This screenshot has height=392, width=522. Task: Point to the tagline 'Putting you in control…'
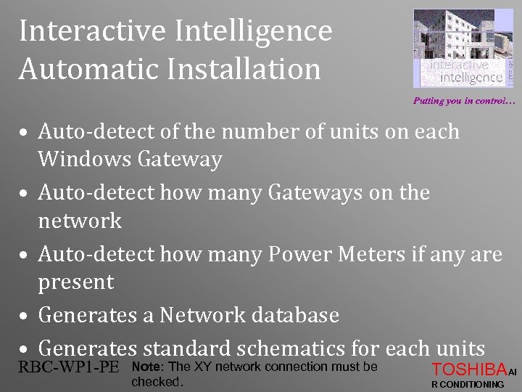[463, 101]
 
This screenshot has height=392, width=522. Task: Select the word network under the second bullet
[80, 220]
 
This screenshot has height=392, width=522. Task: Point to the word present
[76, 282]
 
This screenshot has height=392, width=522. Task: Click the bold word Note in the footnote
[147, 367]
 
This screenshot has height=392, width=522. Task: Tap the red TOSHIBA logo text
[468, 368]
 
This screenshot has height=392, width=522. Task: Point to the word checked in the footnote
[155, 381]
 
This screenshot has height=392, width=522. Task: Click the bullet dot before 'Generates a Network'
[25, 317]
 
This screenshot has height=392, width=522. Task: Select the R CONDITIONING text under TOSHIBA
[467, 384]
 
